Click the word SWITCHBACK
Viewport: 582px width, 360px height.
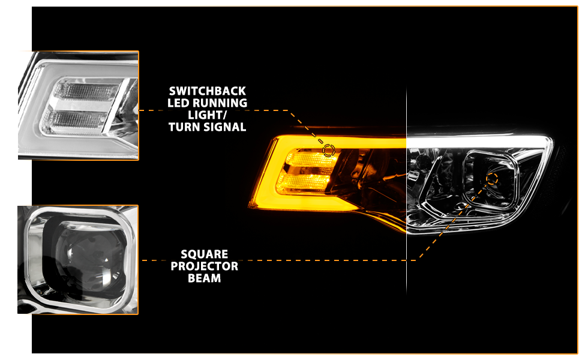click(208, 91)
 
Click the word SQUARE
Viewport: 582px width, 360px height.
click(205, 254)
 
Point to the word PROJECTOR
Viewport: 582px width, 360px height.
click(205, 266)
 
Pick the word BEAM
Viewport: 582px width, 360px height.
click(205, 278)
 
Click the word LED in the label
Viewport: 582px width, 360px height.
click(179, 103)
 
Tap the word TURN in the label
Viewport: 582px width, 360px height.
click(184, 127)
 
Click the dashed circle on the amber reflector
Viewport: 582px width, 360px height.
click(329, 151)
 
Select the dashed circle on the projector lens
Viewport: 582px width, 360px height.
click(492, 179)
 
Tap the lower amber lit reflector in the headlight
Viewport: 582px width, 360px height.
click(304, 182)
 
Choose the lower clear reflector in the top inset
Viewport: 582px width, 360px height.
click(76, 120)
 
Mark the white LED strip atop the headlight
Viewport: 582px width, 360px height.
click(479, 140)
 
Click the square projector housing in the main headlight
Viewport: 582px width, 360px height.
click(491, 179)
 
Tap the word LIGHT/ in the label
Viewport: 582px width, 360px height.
click(207, 115)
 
